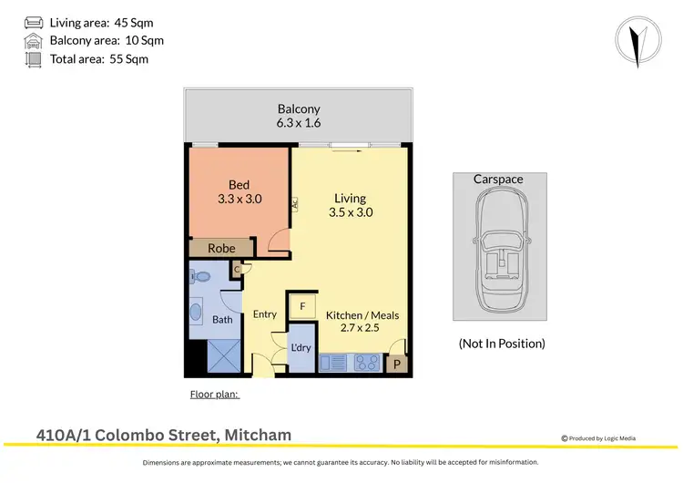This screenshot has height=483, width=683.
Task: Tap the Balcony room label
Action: coord(300,108)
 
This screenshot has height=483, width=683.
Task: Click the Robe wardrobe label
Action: coord(221,248)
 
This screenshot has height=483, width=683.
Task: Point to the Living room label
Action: coord(350,198)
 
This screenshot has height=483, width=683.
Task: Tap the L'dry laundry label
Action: coord(301,347)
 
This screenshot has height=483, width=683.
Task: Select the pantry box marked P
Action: coord(396,365)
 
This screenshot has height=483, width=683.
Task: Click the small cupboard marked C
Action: coord(236,269)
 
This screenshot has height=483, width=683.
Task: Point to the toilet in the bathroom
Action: coord(201,275)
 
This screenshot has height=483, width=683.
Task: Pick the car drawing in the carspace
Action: coord(500,246)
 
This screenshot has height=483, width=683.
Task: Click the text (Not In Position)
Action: coord(501,344)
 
